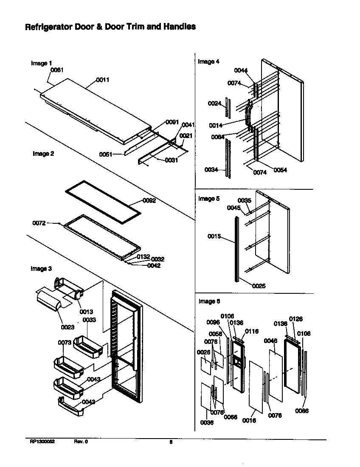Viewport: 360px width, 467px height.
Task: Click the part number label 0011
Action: (x=103, y=79)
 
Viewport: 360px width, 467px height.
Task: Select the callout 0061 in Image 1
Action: (x=57, y=70)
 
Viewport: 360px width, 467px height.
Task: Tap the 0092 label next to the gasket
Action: (x=149, y=200)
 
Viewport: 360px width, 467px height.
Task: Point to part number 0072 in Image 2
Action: (x=39, y=223)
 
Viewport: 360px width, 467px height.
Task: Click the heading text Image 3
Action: (x=41, y=269)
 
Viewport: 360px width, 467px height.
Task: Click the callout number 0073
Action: (x=65, y=342)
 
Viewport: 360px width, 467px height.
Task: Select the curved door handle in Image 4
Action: (x=248, y=113)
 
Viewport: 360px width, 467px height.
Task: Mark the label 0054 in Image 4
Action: (x=280, y=170)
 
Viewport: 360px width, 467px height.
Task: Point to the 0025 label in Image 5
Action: (x=259, y=286)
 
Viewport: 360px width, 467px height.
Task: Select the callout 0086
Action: (x=302, y=411)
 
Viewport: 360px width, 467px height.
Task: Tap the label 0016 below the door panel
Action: (x=249, y=420)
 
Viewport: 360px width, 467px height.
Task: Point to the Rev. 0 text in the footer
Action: (x=81, y=442)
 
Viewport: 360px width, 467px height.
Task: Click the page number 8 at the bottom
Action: (x=171, y=442)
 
